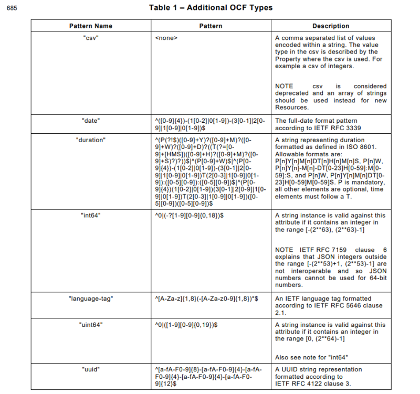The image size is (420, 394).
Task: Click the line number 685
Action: (x=12, y=8)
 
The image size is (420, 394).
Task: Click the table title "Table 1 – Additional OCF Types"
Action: (x=210, y=8)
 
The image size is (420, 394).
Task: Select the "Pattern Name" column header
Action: (x=90, y=26)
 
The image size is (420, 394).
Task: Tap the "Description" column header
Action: (x=331, y=26)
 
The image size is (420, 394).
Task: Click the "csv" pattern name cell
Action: (x=90, y=38)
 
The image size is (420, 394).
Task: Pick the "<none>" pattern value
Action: (x=166, y=38)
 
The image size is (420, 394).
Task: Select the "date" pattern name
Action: (x=90, y=121)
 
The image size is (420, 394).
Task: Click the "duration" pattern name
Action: (x=90, y=140)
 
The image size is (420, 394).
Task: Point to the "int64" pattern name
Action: (x=90, y=216)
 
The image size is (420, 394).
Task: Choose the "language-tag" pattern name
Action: (x=90, y=299)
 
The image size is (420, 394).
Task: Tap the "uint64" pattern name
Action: (x=90, y=325)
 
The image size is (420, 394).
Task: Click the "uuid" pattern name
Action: (x=90, y=369)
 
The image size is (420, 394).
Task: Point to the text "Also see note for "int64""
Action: (x=311, y=357)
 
